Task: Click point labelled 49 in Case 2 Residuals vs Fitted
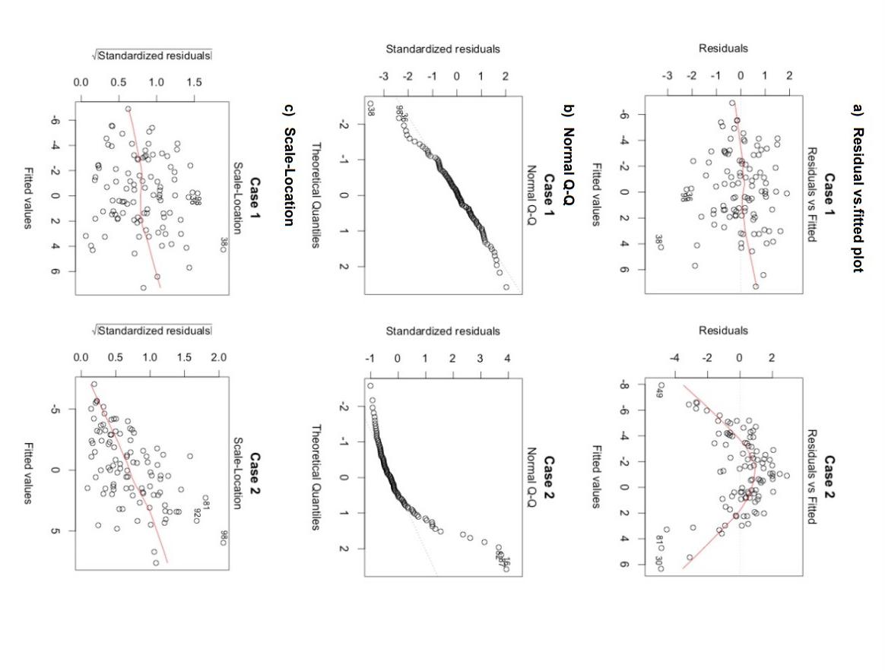661,385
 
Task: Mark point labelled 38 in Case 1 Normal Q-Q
370,104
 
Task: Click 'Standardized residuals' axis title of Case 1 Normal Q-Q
442,49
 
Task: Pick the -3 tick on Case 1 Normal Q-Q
383,77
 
